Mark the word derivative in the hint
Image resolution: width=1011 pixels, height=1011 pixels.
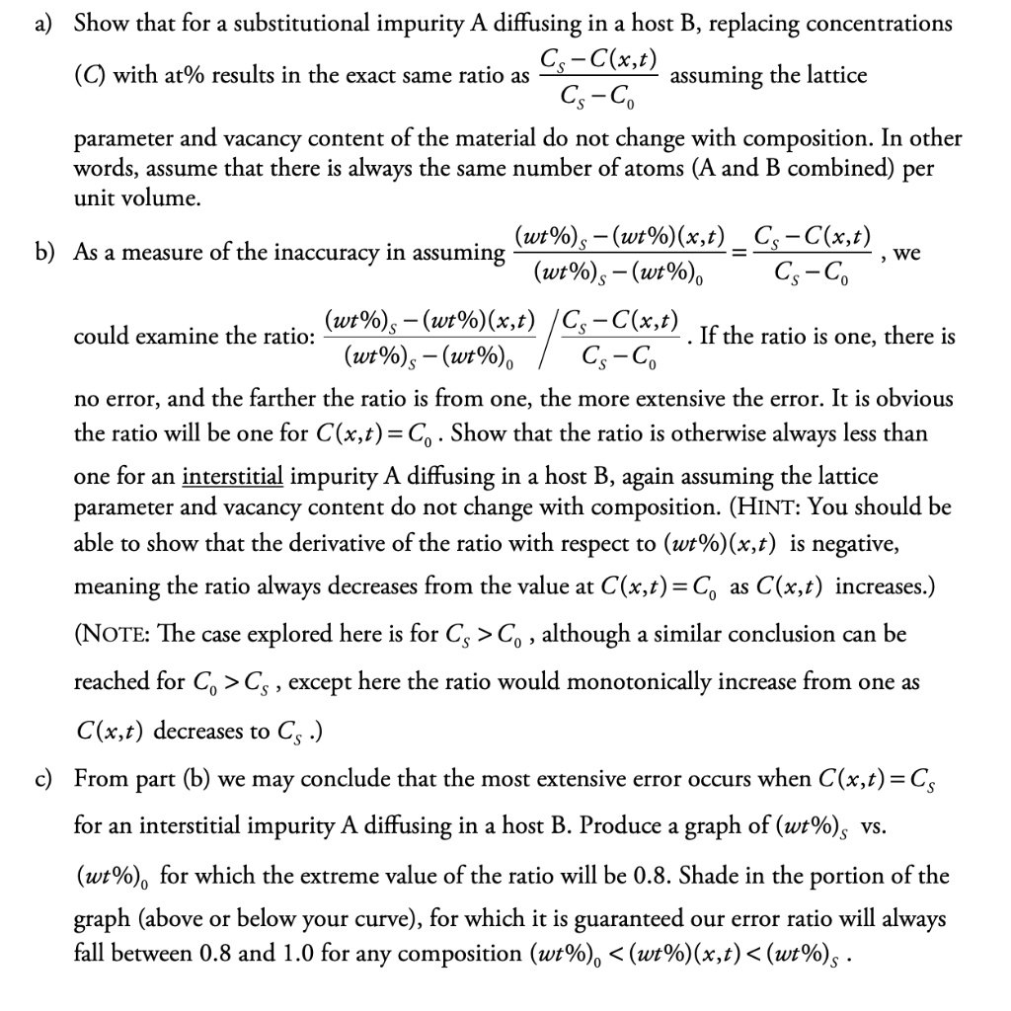(x=279, y=544)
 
